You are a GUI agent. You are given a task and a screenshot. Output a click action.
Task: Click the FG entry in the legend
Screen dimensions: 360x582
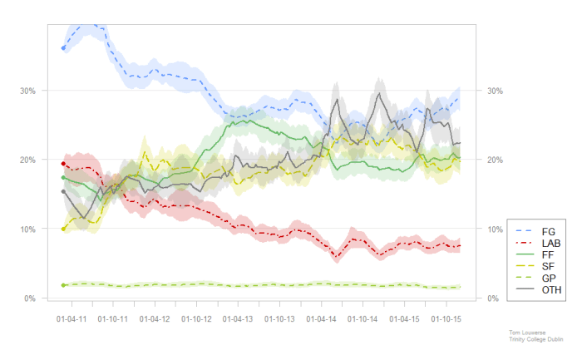coord(548,230)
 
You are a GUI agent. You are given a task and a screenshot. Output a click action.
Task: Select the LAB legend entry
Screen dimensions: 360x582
coord(548,242)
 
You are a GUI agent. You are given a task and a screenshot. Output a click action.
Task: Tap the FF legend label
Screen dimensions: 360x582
coord(548,254)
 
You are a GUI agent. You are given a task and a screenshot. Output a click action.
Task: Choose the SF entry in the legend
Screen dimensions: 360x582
coord(548,265)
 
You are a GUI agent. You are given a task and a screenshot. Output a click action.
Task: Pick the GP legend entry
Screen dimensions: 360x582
coord(548,277)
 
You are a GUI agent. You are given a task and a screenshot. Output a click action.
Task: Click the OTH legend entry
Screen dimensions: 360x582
coord(550,289)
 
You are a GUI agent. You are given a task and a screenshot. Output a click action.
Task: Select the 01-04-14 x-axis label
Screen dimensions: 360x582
coord(323,318)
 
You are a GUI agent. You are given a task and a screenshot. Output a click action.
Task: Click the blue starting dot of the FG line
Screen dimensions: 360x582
coord(63,48)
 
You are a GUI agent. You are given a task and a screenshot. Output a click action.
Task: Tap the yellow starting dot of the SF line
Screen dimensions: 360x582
coord(63,229)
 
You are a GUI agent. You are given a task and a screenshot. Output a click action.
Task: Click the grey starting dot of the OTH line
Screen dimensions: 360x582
coord(63,192)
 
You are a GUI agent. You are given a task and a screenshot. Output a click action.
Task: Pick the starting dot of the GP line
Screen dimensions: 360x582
coord(63,285)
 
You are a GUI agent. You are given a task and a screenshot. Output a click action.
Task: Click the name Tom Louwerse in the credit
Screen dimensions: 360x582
coord(525,331)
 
